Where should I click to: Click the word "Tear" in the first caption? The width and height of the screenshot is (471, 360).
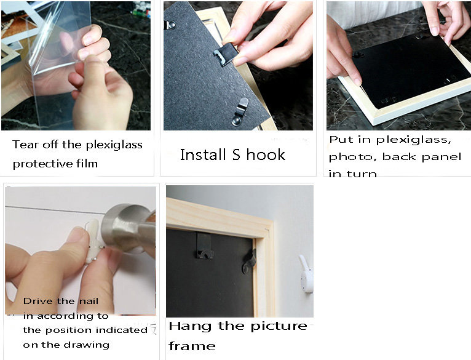point(25,145)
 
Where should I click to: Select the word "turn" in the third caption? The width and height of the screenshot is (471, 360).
point(363,174)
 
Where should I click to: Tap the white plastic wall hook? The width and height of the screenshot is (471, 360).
point(306,273)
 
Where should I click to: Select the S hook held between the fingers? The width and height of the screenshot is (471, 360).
point(225,53)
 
